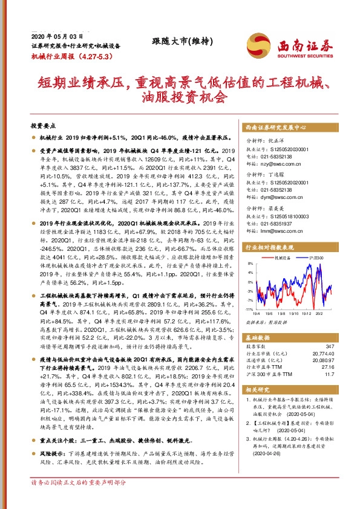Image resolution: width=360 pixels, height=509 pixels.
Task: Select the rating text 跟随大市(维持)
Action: pos(180,42)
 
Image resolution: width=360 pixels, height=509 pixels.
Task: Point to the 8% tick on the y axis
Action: pos(249,264)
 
